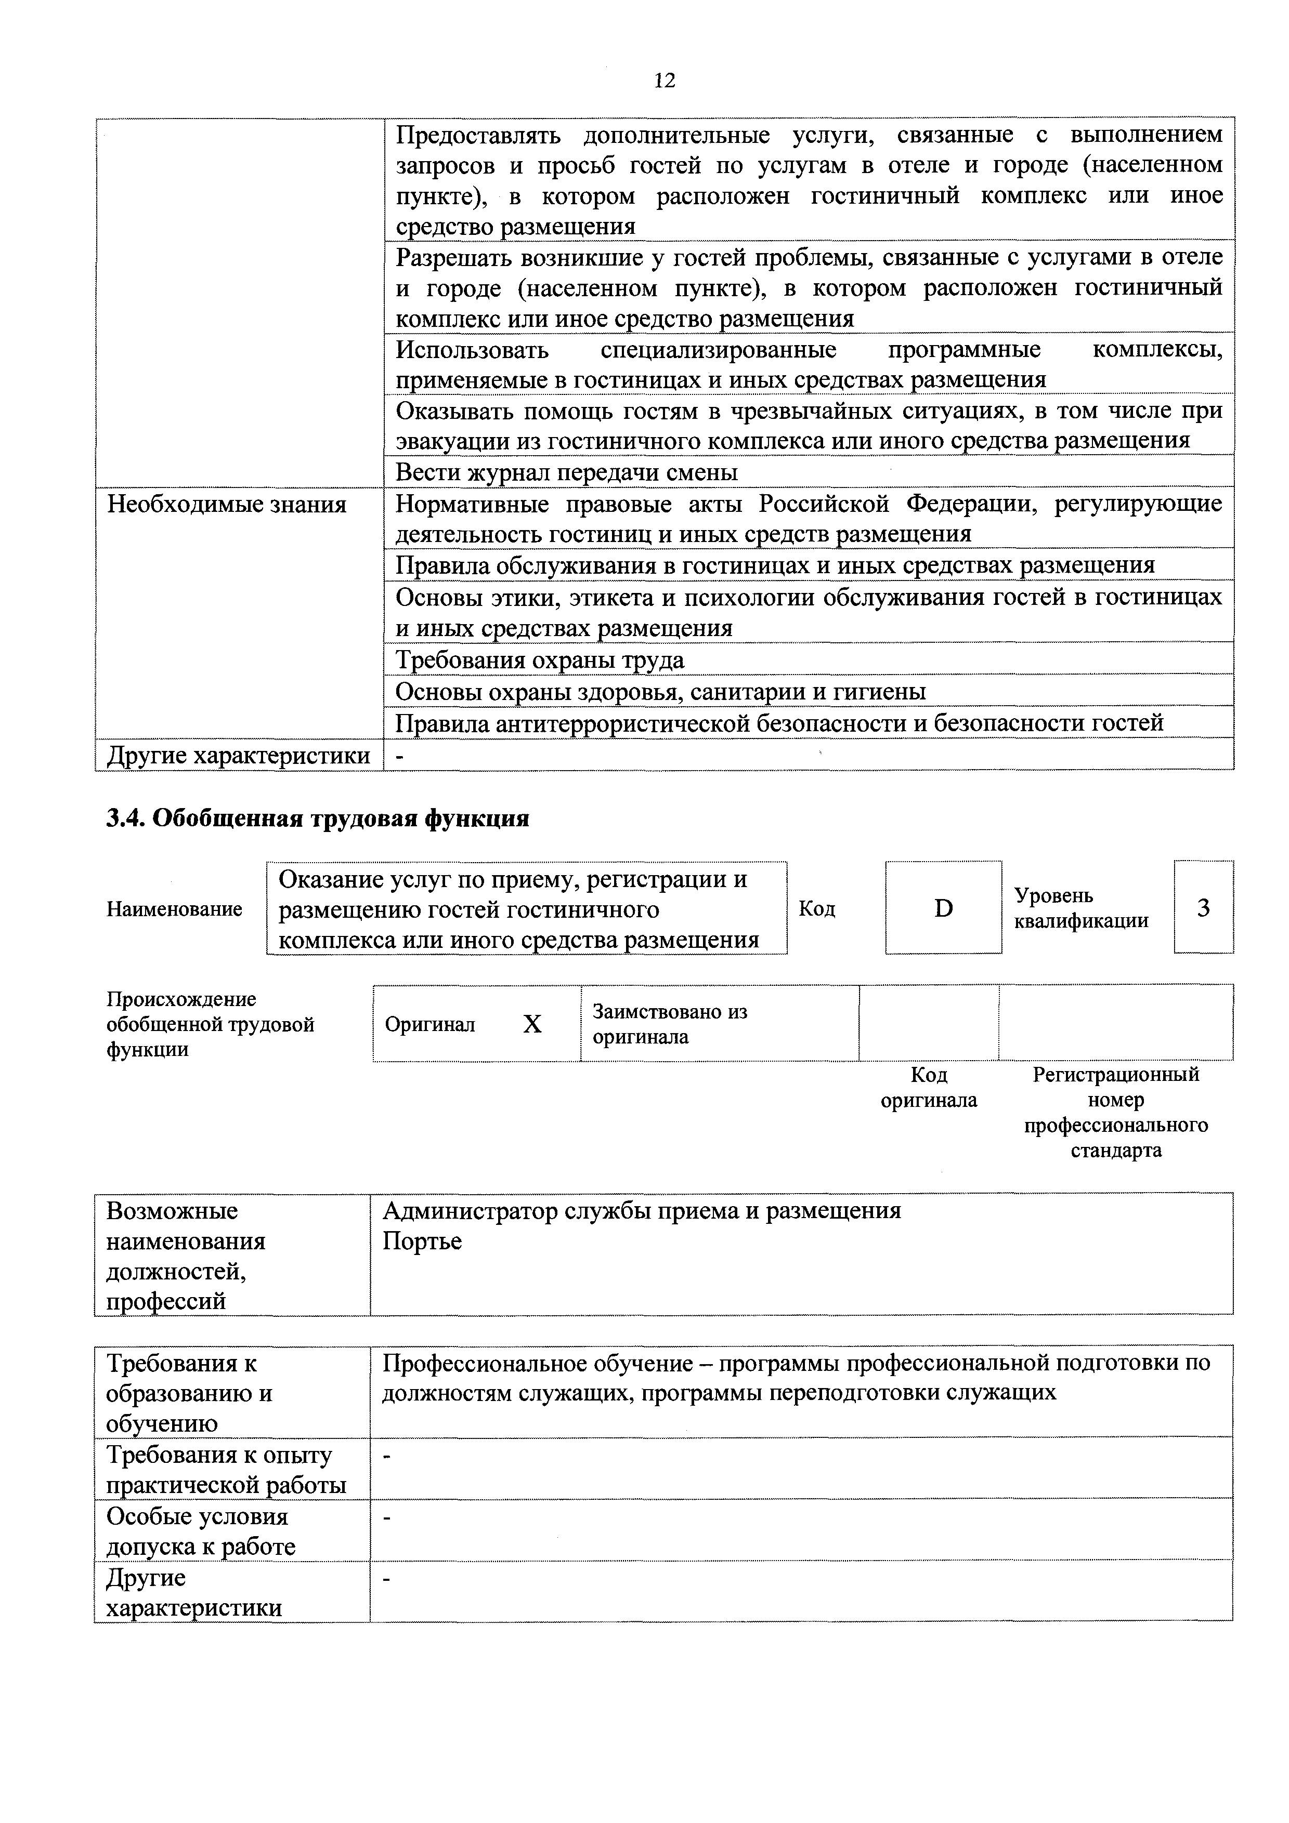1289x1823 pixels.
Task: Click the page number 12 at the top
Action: (664, 80)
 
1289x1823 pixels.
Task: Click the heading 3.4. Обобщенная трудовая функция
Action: (318, 818)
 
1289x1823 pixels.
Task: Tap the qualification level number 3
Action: (1203, 907)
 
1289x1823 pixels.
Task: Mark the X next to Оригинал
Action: (532, 1024)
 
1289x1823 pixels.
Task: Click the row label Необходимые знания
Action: (227, 504)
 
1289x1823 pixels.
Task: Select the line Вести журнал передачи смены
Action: (566, 472)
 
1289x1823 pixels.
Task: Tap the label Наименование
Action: (174, 908)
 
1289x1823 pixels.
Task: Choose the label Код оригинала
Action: (929, 1087)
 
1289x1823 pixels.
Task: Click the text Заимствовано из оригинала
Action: (670, 1024)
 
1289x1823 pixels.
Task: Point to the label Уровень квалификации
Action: (1081, 907)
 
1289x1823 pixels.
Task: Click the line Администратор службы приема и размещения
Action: (642, 1210)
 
